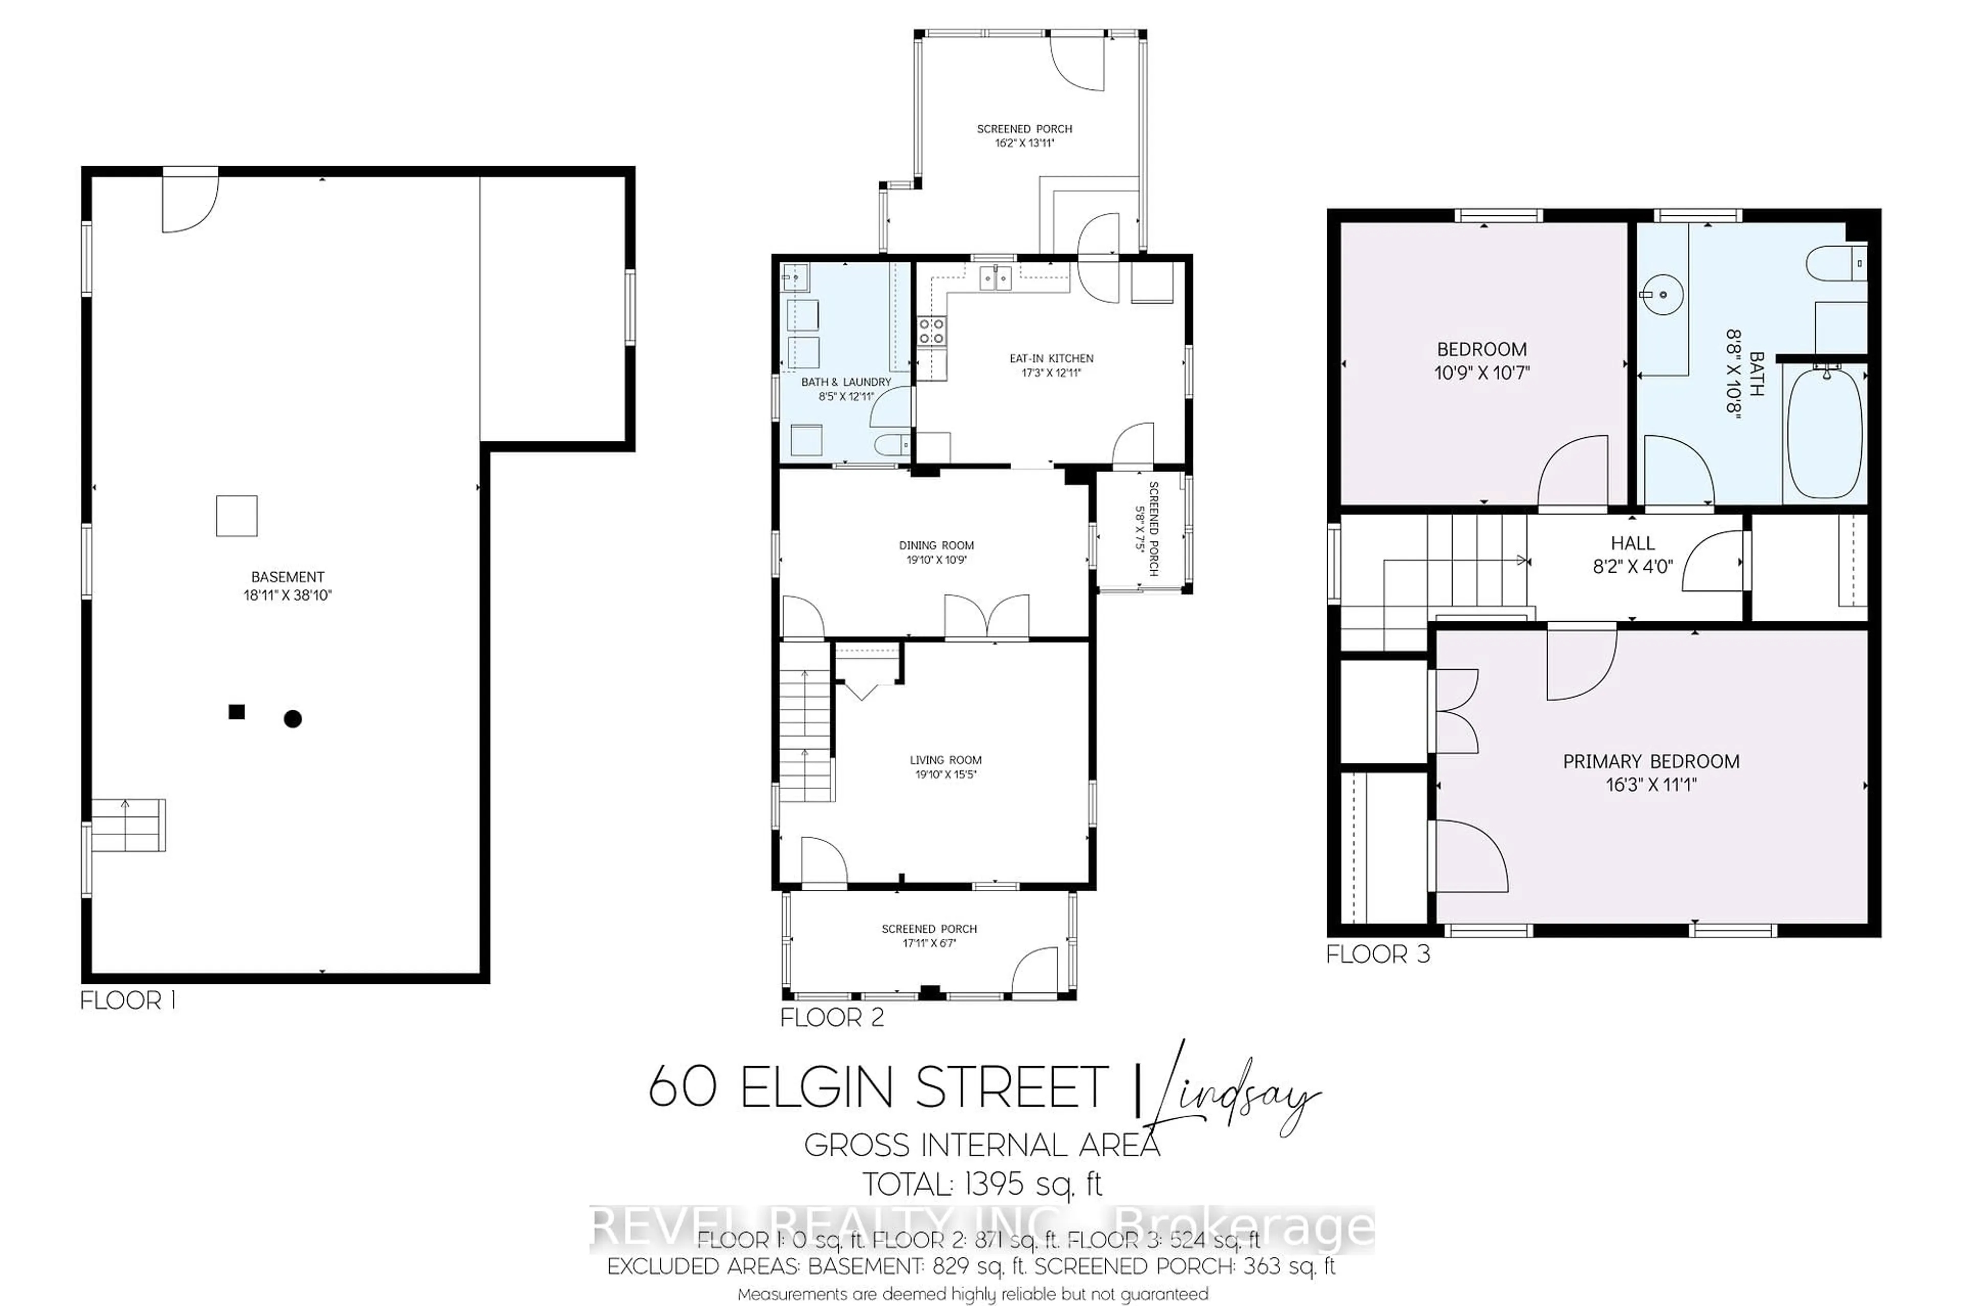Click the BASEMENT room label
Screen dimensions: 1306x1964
pos(287,576)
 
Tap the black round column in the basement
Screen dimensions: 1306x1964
pos(293,719)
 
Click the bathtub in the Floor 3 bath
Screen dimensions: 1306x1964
pos(1824,433)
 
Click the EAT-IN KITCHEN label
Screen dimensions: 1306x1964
pos(1051,358)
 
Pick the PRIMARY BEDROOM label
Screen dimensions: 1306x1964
pos(1651,761)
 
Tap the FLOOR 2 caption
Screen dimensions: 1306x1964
pos(831,1018)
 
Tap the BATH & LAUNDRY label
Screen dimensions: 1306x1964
pos(845,381)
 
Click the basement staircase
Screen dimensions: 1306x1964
pos(127,825)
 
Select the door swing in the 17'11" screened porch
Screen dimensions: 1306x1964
pos(1035,972)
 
